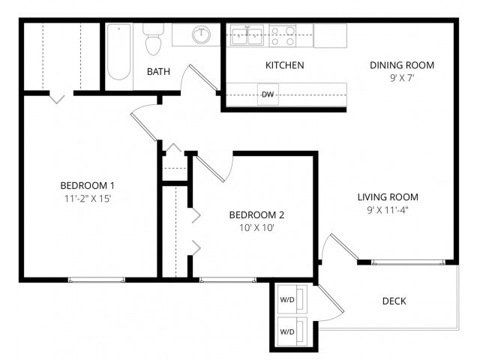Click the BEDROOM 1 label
(87, 185)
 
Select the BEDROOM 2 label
(256, 214)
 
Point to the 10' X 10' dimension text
(256, 228)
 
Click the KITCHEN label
(285, 65)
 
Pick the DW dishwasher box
(268, 94)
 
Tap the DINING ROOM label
(402, 65)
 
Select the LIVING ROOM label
(387, 197)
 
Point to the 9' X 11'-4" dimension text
(387, 211)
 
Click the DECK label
(394, 301)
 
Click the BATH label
(158, 72)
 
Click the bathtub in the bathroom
(119, 52)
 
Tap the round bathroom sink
(201, 34)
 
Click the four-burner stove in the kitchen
(283, 34)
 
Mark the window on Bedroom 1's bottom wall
(96, 280)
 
